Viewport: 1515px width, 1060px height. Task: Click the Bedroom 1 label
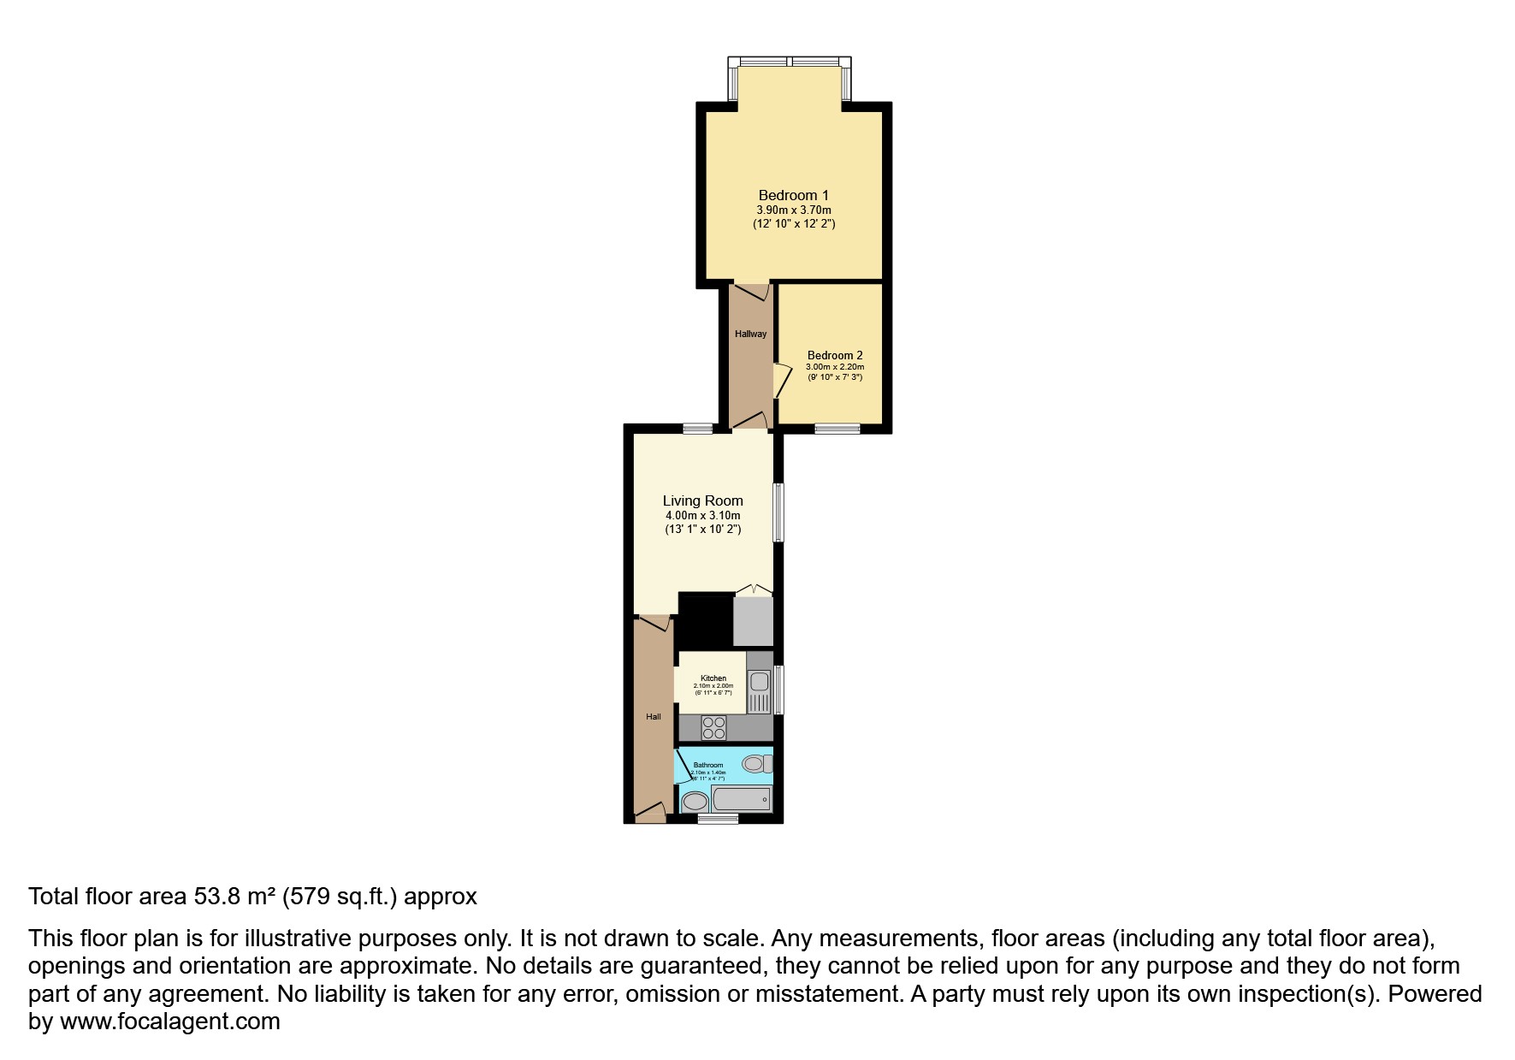pyautogui.click(x=793, y=196)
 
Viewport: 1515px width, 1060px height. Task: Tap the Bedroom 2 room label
pyautogui.click(x=835, y=355)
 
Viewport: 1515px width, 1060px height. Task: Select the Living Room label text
pyautogui.click(x=702, y=501)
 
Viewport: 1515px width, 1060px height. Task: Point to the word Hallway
pyautogui.click(x=750, y=334)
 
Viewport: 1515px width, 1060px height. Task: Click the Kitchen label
pyautogui.click(x=713, y=678)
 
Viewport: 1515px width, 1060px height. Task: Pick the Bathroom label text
pyautogui.click(x=708, y=765)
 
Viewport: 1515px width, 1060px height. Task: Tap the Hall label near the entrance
pyautogui.click(x=654, y=717)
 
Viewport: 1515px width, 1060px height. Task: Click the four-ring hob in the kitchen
pyautogui.click(x=713, y=727)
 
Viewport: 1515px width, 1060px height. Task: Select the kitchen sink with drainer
pyautogui.click(x=759, y=691)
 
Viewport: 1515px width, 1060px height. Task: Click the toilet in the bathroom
pyautogui.click(x=756, y=763)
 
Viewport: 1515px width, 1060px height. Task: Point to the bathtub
pyautogui.click(x=742, y=800)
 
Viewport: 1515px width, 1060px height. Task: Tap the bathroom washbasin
pyautogui.click(x=695, y=802)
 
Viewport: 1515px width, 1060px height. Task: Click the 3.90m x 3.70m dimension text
pyautogui.click(x=793, y=210)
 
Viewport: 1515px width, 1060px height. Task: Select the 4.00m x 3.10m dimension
pyautogui.click(x=702, y=516)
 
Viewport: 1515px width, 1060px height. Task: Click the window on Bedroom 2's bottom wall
pyautogui.click(x=837, y=429)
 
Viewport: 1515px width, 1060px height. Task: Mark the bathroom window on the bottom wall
pyautogui.click(x=718, y=819)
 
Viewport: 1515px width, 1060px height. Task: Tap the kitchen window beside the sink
pyautogui.click(x=778, y=690)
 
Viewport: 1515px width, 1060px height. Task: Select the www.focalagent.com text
pyautogui.click(x=170, y=1022)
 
